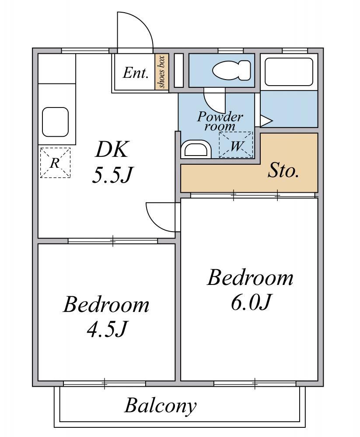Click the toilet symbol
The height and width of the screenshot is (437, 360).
pos(231,70)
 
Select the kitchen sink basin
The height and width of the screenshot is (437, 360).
pos(55,122)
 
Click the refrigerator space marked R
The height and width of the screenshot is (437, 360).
pos(55,163)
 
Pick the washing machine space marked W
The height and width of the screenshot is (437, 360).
pos(236,145)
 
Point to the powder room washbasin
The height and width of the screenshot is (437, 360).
pos(196,149)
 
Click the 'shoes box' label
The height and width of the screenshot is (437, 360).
pos(162,72)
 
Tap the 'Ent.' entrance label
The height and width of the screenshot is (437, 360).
pos(135,73)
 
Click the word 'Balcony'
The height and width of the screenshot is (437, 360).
pos(160,406)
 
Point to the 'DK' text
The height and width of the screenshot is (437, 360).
pos(112,150)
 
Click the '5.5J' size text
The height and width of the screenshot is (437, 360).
pos(112,175)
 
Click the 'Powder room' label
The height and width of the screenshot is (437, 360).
pos(220,121)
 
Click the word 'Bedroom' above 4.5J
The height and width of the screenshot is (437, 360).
pos(106,305)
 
